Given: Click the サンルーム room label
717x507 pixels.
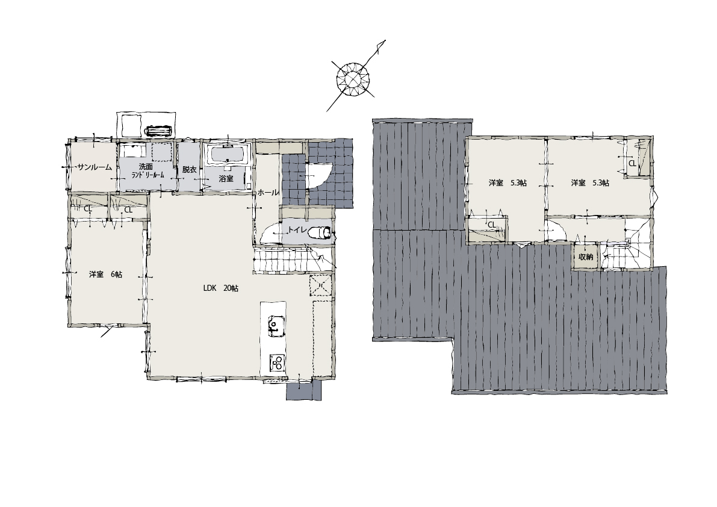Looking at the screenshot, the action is [x=95, y=167].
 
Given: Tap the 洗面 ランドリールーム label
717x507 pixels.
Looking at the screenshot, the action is [x=147, y=170].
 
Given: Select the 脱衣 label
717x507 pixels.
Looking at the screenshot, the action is [x=189, y=169].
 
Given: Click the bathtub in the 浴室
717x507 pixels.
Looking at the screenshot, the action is [x=228, y=155].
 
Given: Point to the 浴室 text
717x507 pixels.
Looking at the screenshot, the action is [x=226, y=178].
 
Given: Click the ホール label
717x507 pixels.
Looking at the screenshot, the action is [x=268, y=193].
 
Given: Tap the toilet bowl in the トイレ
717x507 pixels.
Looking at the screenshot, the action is [x=320, y=232].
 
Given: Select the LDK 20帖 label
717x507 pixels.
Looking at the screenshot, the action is [x=221, y=288].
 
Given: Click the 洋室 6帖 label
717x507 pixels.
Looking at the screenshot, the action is [x=105, y=275].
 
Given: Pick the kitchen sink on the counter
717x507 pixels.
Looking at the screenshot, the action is [x=275, y=326].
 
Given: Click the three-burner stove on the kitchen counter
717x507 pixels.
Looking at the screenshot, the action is [x=277, y=362].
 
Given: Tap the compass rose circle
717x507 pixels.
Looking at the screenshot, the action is [x=353, y=79].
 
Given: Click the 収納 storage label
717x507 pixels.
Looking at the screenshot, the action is [x=586, y=257].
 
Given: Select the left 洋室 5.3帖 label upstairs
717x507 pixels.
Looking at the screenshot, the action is [x=507, y=183].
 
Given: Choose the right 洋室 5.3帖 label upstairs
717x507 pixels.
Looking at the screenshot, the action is [x=590, y=183].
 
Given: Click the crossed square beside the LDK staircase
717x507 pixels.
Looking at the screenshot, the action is [x=320, y=286].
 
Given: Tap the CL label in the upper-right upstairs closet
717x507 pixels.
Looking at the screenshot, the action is [x=632, y=163].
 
